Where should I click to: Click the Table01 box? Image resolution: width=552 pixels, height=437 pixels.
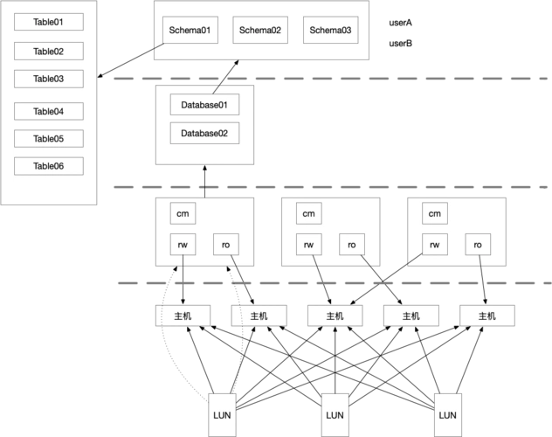click(x=49, y=22)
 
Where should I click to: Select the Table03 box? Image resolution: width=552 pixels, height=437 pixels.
click(x=49, y=79)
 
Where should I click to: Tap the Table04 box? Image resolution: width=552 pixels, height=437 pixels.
click(x=49, y=111)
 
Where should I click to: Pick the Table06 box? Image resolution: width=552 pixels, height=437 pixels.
click(x=49, y=166)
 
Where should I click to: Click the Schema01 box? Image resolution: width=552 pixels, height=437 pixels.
click(x=190, y=30)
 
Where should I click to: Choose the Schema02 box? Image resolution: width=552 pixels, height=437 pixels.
click(x=260, y=30)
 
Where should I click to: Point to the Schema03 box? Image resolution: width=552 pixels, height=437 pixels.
click(x=330, y=30)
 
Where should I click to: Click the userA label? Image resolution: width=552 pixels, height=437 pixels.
click(x=400, y=23)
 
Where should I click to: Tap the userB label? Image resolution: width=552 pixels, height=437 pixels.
click(x=400, y=44)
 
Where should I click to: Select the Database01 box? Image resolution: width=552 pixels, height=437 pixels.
click(x=204, y=105)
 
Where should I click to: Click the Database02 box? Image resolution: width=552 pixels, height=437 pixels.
click(x=204, y=133)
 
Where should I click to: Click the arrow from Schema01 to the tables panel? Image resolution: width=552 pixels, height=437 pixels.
click(x=131, y=60)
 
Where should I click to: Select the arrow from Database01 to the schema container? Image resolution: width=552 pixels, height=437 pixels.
click(x=225, y=77)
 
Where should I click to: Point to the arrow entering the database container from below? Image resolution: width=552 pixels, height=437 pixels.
click(x=204, y=181)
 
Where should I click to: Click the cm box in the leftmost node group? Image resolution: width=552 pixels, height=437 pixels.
click(x=183, y=213)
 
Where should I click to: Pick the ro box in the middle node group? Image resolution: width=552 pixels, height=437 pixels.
click(x=352, y=245)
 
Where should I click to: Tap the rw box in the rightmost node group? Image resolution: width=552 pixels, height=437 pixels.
click(x=435, y=245)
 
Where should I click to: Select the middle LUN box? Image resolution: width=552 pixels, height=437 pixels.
click(x=335, y=415)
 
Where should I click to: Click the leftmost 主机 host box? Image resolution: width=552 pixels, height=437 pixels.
click(x=183, y=316)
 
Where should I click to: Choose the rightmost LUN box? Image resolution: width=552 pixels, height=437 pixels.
click(x=448, y=415)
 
